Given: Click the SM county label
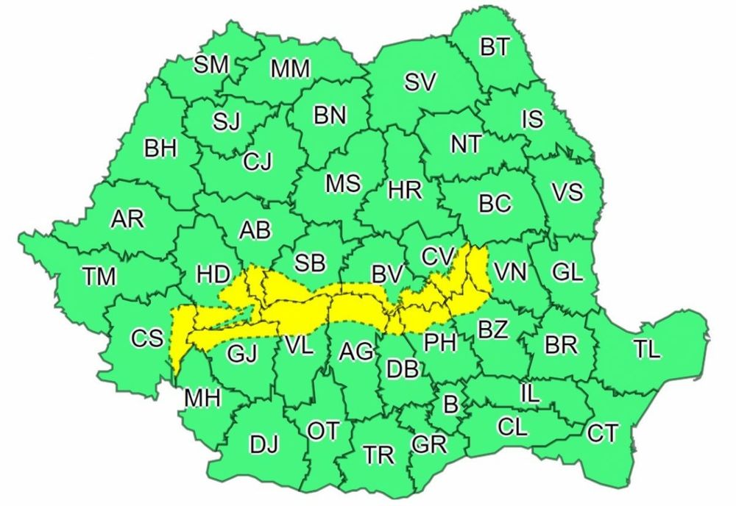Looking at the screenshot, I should coord(212,65).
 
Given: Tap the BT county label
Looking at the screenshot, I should coord(495,49).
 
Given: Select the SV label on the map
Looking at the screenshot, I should coord(421,82).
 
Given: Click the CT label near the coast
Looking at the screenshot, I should coord(602,434).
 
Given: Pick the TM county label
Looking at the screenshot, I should coord(99,277).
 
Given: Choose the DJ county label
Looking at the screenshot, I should coord(265,444).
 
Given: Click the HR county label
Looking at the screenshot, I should coord(404,191).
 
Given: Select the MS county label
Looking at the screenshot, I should coord(343,183).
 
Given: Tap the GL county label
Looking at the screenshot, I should coord(567,272).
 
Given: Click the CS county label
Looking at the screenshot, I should coord(147,338).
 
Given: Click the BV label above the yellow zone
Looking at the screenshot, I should coord(387,276).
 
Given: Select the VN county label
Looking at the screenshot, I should coord(511,273).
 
